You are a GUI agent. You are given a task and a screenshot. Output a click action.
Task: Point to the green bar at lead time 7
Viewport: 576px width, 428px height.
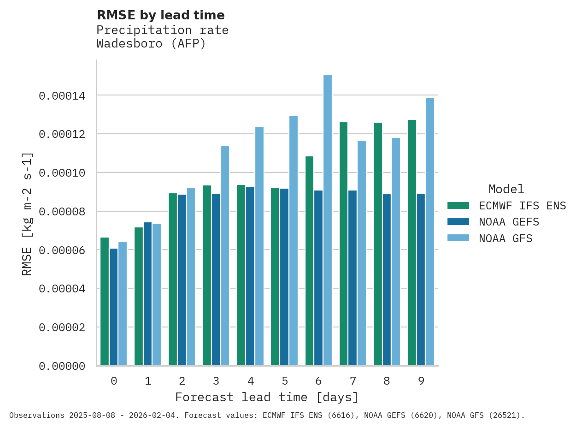(343, 244)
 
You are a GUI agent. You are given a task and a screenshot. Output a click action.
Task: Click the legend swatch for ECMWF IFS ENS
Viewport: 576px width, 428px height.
(458, 206)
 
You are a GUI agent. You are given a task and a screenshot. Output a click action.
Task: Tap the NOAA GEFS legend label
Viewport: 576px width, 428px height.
(509, 222)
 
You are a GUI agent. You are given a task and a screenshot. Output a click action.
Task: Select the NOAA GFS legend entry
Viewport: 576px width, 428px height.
(505, 238)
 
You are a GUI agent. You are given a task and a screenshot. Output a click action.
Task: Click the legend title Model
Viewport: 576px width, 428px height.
(506, 189)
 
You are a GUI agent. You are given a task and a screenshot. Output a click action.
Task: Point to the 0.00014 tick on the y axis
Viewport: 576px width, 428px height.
(62, 96)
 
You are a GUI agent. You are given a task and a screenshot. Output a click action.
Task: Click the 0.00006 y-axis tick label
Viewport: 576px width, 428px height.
(62, 250)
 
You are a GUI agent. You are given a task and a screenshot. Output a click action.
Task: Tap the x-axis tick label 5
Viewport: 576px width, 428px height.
(285, 381)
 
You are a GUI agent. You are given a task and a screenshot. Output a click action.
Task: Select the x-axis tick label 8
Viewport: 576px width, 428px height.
(387, 381)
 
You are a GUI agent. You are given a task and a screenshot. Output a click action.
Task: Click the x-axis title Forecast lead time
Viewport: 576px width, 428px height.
(266, 397)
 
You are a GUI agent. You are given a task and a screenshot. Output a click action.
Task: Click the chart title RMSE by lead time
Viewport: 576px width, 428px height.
(160, 15)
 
